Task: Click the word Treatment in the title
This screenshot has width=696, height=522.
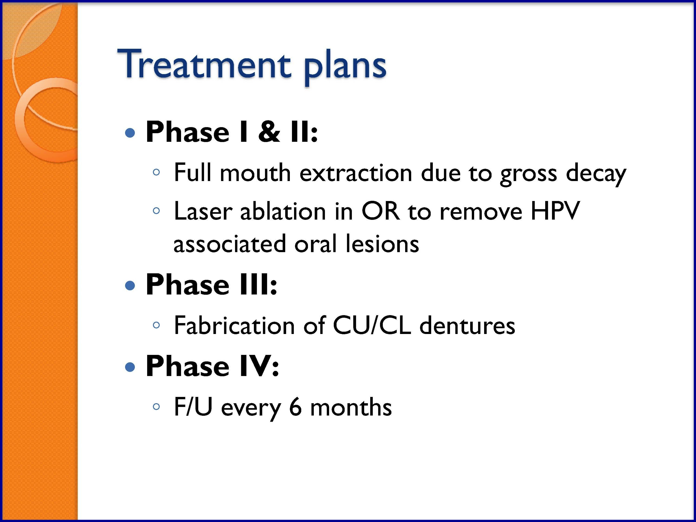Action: pyautogui.click(x=204, y=64)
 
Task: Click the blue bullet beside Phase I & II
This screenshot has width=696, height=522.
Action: pyautogui.click(x=130, y=133)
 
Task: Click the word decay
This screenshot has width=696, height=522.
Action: pyautogui.click(x=596, y=174)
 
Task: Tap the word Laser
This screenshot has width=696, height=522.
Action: pyautogui.click(x=203, y=211)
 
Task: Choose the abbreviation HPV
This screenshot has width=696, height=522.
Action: pyautogui.click(x=555, y=211)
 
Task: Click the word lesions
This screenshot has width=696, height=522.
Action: pyautogui.click(x=382, y=243)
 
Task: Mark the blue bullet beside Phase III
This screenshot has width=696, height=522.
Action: pyautogui.click(x=130, y=286)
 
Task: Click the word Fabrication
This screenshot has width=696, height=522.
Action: pyautogui.click(x=234, y=325)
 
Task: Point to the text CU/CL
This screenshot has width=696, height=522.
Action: pyautogui.click(x=372, y=325)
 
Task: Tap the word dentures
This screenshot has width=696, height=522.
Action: pyautogui.click(x=467, y=325)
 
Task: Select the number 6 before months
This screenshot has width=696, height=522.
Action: pyautogui.click(x=295, y=407)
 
